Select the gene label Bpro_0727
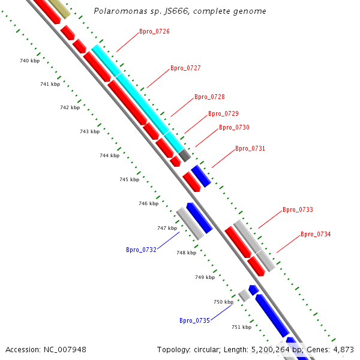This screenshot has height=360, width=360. pyautogui.click(x=185, y=68)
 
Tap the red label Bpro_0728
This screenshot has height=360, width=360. pyautogui.click(x=209, y=97)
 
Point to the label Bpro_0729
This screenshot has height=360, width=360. pyautogui.click(x=223, y=113)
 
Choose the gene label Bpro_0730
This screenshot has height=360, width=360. pyautogui.click(x=234, y=127)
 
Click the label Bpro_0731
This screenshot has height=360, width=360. pyautogui.click(x=250, y=148)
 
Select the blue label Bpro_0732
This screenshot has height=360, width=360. pyautogui.click(x=141, y=250)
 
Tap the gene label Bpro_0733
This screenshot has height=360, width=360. pyautogui.click(x=298, y=209)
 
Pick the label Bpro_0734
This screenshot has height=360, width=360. pyautogui.click(x=316, y=234)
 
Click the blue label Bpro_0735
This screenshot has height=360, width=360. pyautogui.click(x=194, y=320)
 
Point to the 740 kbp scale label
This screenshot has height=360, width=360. pyautogui.click(x=29, y=61)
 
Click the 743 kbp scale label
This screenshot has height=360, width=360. pyautogui.click(x=89, y=131)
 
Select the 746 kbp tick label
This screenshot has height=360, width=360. pyautogui.click(x=148, y=203)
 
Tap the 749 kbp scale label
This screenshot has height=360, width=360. pyautogui.click(x=205, y=277)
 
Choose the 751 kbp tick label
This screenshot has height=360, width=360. pyautogui.click(x=241, y=327)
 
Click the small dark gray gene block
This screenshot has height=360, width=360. pyautogui.click(x=185, y=155)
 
